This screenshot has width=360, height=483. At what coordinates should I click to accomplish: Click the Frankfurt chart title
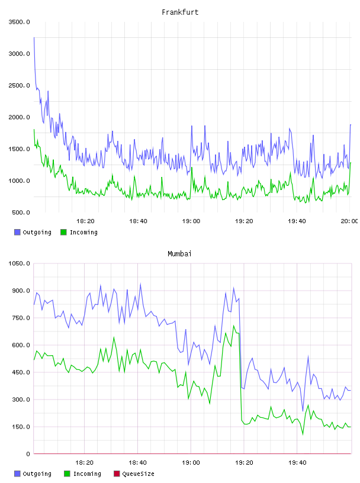pyautogui.click(x=180, y=12)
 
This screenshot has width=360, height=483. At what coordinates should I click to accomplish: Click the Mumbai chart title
pyautogui.click(x=179, y=253)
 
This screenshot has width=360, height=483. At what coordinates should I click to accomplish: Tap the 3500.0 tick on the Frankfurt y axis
pyautogui.click(x=19, y=22)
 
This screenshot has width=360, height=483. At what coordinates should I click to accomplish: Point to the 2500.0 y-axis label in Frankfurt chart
pyautogui.click(x=19, y=85)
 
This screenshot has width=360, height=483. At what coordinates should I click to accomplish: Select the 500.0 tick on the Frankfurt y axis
pyautogui.click(x=21, y=212)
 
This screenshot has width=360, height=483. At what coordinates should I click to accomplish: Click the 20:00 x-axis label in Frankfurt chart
pyautogui.click(x=349, y=221)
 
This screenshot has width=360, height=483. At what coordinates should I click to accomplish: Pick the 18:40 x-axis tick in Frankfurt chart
pyautogui.click(x=138, y=221)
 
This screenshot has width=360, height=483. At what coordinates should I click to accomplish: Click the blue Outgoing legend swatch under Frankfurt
pyautogui.click(x=17, y=232)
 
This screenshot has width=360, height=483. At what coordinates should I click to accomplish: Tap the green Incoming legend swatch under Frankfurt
pyautogui.click(x=63, y=232)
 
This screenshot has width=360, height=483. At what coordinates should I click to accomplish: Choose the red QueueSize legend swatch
pyautogui.click(x=117, y=474)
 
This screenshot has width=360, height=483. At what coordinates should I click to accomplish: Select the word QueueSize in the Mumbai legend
pyautogui.click(x=138, y=474)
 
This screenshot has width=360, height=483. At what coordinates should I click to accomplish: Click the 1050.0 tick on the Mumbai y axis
pyautogui.click(x=19, y=263)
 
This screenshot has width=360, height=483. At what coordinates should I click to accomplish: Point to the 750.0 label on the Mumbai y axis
pyautogui.click(x=21, y=318)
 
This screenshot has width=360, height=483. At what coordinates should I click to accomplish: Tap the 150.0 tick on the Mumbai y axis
pyautogui.click(x=21, y=427)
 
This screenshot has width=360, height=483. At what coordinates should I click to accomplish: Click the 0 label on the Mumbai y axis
pyautogui.click(x=28, y=454)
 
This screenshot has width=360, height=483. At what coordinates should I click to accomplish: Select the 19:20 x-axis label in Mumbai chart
pyautogui.click(x=244, y=462)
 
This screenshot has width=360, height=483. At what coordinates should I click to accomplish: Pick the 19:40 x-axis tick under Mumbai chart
pyautogui.click(x=297, y=462)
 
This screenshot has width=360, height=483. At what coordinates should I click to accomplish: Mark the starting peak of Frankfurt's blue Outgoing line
pyautogui.click(x=34, y=37)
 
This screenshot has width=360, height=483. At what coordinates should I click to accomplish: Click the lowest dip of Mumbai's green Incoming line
pyautogui.click(x=303, y=434)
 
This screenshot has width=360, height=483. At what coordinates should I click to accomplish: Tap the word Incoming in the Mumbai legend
pyautogui.click(x=87, y=474)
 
